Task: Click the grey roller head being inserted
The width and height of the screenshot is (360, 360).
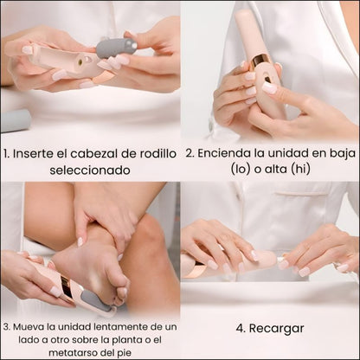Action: [116, 47]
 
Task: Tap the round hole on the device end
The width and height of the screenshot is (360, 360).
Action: [80, 61]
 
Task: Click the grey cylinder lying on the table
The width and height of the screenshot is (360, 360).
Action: [15, 120]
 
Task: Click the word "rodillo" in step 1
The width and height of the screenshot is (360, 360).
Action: [158, 153]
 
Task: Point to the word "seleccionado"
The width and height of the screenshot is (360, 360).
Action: [90, 170]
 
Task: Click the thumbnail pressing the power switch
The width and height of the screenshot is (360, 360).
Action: [269, 87]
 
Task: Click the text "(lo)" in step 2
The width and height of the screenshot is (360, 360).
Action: [241, 169]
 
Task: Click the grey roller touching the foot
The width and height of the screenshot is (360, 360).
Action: [93, 300]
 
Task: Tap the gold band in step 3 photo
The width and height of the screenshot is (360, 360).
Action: [67, 289]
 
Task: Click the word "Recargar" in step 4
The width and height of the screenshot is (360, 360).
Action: [276, 328]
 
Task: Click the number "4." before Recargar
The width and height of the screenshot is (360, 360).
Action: [241, 328]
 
